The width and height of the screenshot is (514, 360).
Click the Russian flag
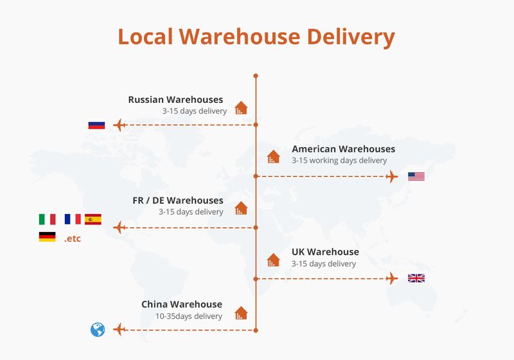pos(96,125)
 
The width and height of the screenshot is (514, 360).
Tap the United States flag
pos(416,176)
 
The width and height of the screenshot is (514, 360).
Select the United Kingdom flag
pos(416,278)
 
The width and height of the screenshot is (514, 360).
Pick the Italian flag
pos(47,219)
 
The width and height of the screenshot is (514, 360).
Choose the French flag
pos(73,219)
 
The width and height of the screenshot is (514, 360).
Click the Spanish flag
pos(93,219)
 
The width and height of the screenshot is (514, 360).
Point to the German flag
pos(47,237)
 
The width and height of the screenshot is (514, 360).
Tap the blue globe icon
pos(98,330)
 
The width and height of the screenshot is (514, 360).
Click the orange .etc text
pos(73,239)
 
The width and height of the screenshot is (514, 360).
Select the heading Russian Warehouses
pos(175,100)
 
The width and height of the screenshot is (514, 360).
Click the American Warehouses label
pos(343,149)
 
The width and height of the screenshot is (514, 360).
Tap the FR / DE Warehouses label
pos(178,201)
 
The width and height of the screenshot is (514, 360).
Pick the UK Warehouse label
pos(325,252)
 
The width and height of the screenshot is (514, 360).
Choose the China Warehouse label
pos(182,304)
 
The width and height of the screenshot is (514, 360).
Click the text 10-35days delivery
pos(189,316)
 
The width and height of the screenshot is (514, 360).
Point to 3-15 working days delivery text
pos(339,160)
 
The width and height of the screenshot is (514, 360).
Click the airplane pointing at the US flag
pos(392,176)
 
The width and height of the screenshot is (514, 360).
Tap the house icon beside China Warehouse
pos(241,313)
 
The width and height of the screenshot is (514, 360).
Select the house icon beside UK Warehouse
pos(274,260)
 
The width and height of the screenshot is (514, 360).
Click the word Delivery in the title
pos(351,37)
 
